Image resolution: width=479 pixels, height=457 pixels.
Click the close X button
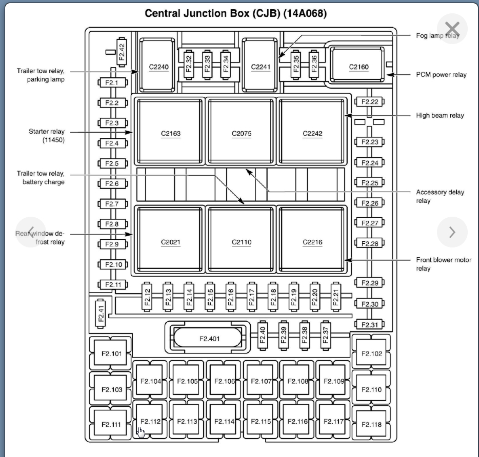pos(452,29)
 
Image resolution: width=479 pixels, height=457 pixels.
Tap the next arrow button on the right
pos(452,232)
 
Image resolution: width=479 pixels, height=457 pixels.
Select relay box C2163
pos(170,133)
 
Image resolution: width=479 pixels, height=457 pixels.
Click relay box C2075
pos(241,133)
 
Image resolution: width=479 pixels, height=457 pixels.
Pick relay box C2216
pos(312,242)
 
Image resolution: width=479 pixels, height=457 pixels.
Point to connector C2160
pos(358,67)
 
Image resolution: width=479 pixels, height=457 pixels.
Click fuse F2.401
pos(208,338)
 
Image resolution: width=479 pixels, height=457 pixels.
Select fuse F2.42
pos(122,52)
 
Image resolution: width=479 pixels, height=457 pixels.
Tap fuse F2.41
pos(101,313)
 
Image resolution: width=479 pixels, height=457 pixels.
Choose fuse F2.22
pos(369,102)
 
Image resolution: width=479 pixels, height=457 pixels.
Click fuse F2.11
pos(112,284)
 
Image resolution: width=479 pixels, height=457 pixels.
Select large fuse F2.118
pos(371,424)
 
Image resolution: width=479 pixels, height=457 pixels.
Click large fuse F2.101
pos(111,354)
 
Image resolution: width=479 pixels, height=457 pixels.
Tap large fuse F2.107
pos(261,381)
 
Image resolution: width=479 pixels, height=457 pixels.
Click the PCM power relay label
pos(441,75)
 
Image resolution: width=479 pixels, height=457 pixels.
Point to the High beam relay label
pos(440,116)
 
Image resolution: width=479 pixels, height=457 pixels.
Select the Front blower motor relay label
pos(443,264)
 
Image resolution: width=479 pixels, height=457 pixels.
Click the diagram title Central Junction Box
pos(236,13)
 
